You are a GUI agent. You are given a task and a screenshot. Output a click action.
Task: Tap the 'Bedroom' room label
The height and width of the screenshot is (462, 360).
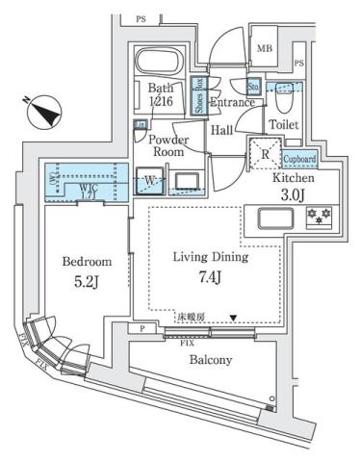pos(88,262)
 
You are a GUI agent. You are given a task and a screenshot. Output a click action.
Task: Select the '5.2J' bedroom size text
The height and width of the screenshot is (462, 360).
pos(88,283)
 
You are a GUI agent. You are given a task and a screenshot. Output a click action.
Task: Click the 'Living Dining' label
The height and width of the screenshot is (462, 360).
pos(211,258)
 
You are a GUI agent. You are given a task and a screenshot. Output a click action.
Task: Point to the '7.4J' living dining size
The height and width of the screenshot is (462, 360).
pos(211,280)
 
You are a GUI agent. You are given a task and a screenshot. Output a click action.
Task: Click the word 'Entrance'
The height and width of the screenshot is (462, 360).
pos(234,103)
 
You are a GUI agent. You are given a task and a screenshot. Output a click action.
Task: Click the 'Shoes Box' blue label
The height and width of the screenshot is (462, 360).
pos(199,96)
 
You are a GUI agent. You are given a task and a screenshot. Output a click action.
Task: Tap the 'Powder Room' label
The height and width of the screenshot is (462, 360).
pos(167,145)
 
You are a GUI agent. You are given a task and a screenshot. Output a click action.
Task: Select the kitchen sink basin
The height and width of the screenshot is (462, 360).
pos(271,216)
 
